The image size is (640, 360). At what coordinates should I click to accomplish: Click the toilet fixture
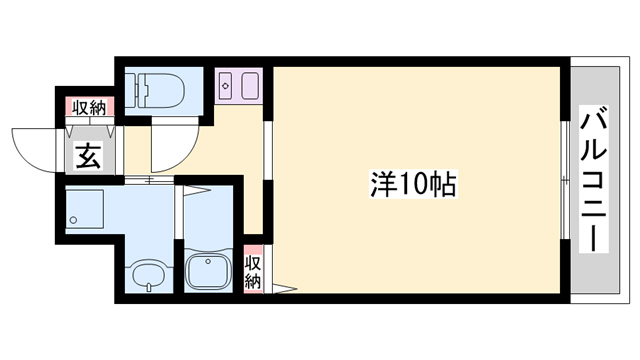(160, 90)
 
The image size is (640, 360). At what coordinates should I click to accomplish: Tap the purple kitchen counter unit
(238, 86)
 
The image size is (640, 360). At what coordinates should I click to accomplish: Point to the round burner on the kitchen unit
(225, 87)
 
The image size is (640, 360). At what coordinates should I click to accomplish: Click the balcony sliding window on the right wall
(565, 180)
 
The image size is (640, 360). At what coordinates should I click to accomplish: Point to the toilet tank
(136, 90)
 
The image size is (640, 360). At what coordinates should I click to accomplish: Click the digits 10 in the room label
(417, 184)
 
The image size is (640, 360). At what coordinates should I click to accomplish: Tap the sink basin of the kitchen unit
(248, 87)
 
